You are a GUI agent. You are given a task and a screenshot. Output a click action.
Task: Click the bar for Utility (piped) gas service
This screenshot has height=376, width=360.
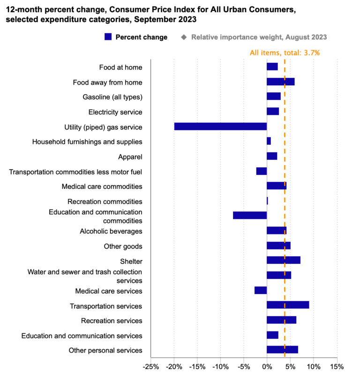click(x=220, y=127)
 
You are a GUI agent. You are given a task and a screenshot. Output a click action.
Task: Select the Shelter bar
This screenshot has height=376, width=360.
click(x=283, y=260)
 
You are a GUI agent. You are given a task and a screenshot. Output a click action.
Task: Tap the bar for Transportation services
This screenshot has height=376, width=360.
click(x=288, y=305)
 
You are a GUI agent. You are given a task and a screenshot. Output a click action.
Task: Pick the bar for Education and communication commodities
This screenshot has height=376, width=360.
click(x=250, y=215)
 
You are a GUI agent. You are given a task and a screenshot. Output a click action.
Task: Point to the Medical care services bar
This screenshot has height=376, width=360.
click(x=261, y=290)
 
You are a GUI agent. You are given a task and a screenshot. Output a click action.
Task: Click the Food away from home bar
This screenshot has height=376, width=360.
click(x=280, y=82)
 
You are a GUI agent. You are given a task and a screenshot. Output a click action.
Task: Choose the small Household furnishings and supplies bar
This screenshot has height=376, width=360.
click(x=269, y=141)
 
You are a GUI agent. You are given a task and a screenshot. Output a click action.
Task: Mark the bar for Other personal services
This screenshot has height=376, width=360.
click(x=282, y=350)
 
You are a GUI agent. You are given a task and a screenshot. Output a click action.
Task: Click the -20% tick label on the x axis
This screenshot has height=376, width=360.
click(x=173, y=366)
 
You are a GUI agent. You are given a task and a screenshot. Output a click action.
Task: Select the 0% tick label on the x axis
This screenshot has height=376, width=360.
click(x=267, y=366)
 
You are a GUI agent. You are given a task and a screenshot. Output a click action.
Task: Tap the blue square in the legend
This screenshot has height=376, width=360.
click(x=108, y=37)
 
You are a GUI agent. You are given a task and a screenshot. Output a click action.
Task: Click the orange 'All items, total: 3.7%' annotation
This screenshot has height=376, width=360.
click(x=285, y=53)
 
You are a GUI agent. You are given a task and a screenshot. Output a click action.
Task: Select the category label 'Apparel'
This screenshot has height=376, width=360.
click(x=130, y=157)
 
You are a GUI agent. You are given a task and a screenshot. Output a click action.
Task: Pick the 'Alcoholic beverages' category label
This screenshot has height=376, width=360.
click(x=111, y=231)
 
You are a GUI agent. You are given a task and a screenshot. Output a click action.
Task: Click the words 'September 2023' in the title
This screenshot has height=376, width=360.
click(x=167, y=19)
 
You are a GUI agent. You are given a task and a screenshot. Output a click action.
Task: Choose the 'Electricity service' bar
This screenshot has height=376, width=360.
click(x=273, y=112)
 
